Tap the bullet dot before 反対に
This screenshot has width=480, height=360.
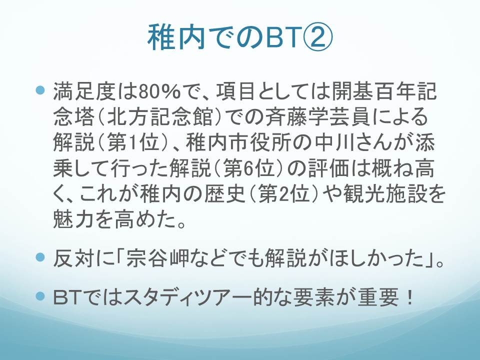40,256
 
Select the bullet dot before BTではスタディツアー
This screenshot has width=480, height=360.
40,296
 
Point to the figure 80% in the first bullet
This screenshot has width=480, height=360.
159,91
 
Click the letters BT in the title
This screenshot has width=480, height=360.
282,37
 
